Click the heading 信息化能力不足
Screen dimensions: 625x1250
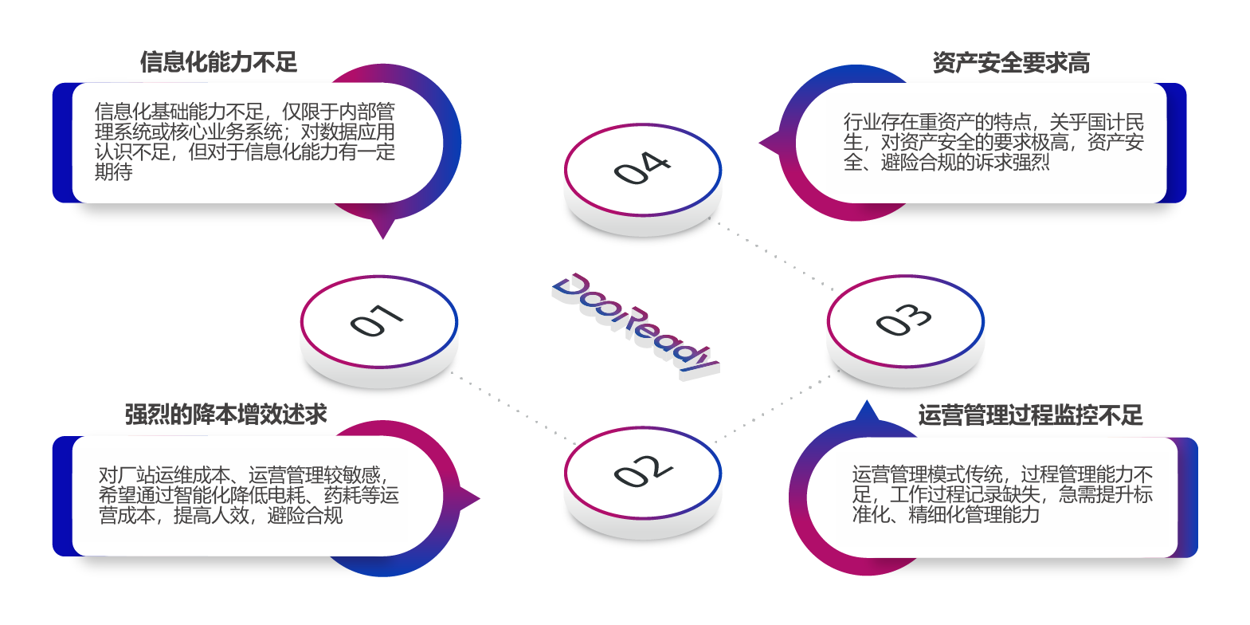point(218,62)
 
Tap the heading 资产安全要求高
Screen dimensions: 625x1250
point(1011,63)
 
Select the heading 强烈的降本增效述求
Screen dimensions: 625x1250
point(225,415)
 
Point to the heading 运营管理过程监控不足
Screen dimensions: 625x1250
point(1030,415)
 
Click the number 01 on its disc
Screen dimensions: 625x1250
point(378,320)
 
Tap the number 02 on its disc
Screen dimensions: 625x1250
point(642,470)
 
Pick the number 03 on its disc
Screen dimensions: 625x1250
point(903,319)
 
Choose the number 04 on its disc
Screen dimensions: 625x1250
point(642,167)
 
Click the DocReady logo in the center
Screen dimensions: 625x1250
point(635,325)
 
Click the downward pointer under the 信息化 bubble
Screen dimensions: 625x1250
point(383,230)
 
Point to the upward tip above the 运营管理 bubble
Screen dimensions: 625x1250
point(867,410)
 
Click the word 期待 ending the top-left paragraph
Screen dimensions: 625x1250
point(114,172)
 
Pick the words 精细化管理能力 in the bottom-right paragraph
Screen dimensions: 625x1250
point(974,515)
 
